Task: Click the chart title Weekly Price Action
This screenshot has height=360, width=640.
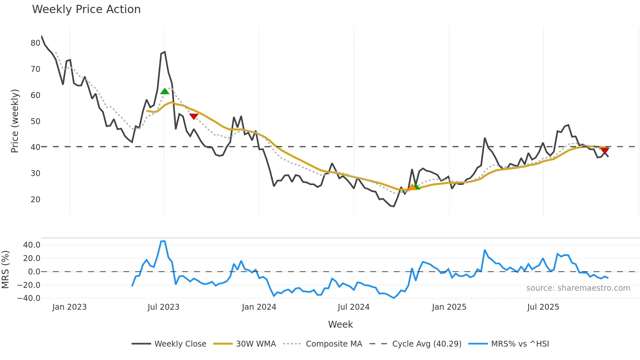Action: [86, 9]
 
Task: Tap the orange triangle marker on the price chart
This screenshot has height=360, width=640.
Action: [412, 187]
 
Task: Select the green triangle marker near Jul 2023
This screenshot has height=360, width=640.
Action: [165, 91]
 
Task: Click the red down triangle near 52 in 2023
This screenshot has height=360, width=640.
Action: [194, 116]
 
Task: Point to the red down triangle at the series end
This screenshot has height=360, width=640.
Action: [604, 151]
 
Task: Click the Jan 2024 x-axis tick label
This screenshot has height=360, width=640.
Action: [259, 307]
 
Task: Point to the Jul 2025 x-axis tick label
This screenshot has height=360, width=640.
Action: [543, 307]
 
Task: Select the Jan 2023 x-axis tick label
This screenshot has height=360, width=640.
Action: [70, 307]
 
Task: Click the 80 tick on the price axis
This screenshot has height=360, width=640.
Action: [36, 43]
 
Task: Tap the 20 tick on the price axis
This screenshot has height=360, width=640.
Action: [36, 199]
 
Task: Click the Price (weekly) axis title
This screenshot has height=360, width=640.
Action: [15, 121]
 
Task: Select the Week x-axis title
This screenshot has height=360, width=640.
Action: [340, 324]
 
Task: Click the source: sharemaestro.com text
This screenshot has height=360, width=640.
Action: [578, 288]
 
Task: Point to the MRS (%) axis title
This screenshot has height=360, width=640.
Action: [5, 269]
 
